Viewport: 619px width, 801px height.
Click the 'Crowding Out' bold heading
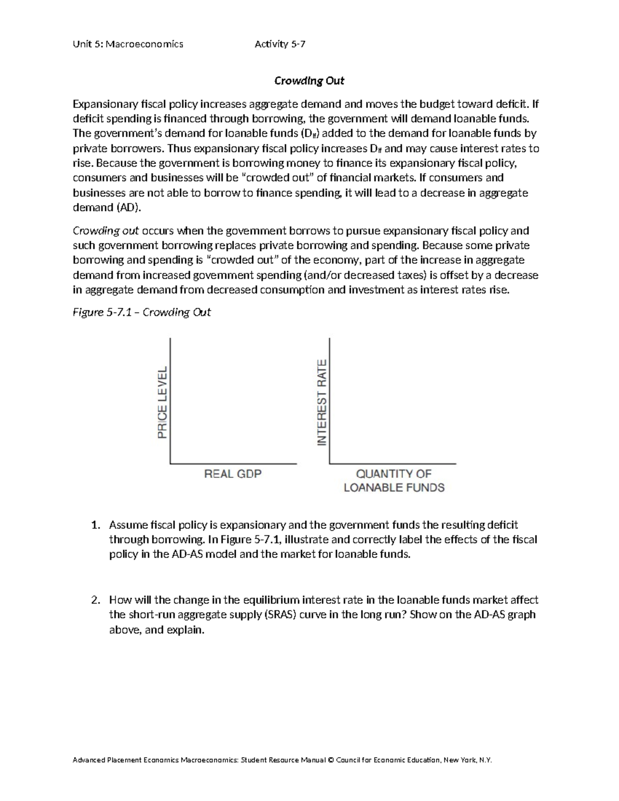coord(309,81)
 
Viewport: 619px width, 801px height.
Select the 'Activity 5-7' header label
coord(280,44)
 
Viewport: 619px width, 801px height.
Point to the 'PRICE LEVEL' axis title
coord(162,402)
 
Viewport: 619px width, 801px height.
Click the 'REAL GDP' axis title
coord(233,473)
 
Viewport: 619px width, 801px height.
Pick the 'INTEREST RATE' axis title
coord(322,402)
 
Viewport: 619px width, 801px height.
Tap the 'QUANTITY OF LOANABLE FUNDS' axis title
coord(394,481)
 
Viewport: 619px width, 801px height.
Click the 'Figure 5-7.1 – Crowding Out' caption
coord(142,313)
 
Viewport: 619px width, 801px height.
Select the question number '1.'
coord(95,525)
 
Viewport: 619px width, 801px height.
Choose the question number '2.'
coord(95,600)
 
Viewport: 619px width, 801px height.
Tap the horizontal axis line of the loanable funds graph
coord(393,463)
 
